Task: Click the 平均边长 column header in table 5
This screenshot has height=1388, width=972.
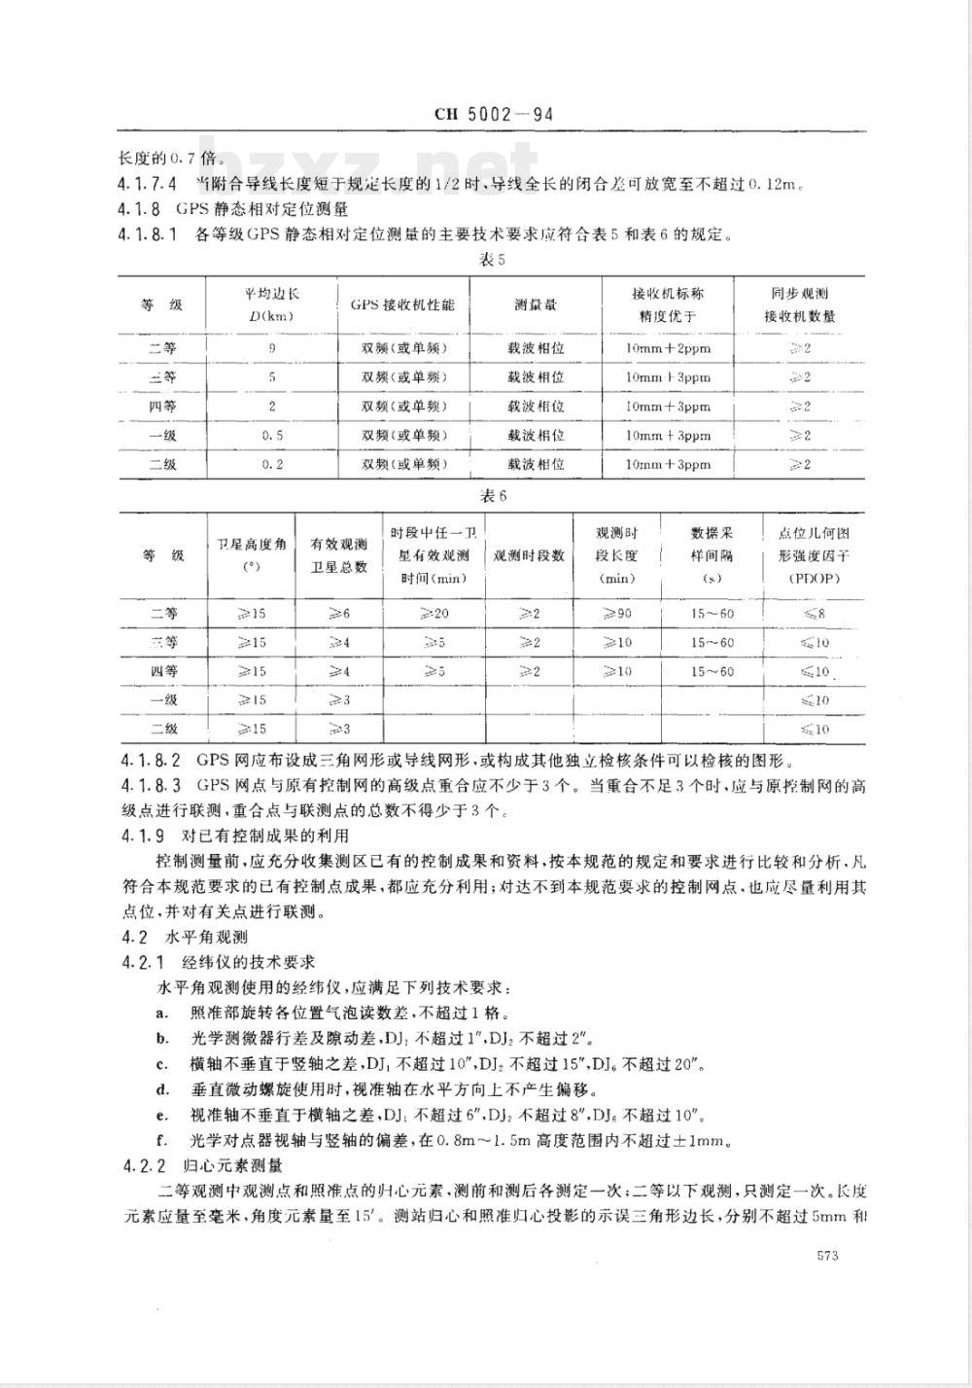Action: pos(272,303)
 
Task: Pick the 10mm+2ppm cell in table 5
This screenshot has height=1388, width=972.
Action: pos(668,347)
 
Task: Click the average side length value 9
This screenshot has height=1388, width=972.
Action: pos(272,347)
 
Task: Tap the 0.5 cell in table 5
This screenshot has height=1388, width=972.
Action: pos(272,436)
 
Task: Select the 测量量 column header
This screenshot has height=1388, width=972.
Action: pos(536,304)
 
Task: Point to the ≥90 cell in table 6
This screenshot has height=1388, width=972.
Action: pos(616,614)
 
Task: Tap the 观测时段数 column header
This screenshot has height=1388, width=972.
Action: pos(530,556)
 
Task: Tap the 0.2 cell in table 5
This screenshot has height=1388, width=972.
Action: pos(272,465)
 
